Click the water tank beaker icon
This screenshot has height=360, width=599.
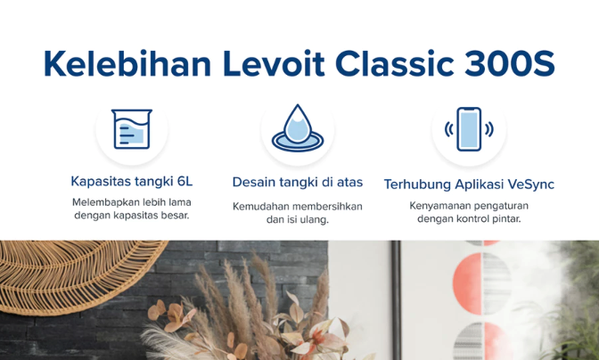132,130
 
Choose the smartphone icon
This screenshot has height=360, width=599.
469,130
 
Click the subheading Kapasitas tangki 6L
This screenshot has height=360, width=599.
132,182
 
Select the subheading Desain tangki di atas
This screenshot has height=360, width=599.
298,182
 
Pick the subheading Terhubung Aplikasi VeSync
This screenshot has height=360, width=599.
469,184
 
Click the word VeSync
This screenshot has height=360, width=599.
530,184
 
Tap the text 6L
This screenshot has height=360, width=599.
184,182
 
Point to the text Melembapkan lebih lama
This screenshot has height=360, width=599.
132,201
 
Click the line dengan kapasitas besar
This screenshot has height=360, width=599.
132,216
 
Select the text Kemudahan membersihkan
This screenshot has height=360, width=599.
298,206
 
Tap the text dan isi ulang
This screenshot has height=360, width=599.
298,219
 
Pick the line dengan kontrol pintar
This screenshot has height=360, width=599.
469,219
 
